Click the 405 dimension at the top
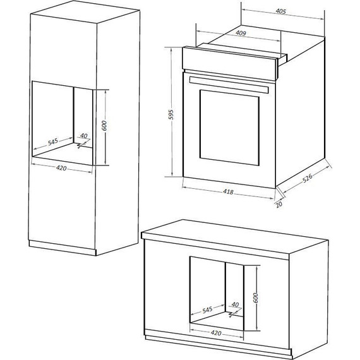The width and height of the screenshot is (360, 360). (281, 11)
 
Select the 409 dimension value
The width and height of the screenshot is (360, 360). (241, 33)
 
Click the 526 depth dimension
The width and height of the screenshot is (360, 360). (308, 180)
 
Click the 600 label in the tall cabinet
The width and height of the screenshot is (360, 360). (104, 126)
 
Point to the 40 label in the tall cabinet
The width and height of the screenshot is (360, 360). (83, 136)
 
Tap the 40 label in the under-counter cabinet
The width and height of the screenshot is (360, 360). (235, 304)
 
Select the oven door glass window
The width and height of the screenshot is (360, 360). (230, 126)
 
